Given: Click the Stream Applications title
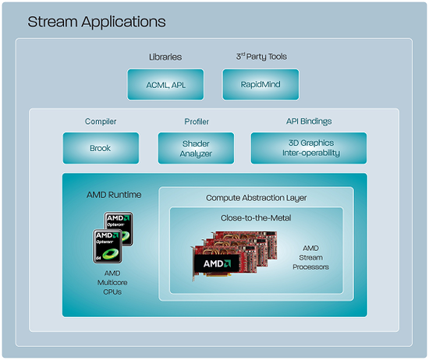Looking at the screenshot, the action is coord(97,22).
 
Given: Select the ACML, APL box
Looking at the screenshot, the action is coord(165,84).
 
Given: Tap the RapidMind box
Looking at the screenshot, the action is coord(261,84).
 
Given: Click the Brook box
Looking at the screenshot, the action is coord(101,148).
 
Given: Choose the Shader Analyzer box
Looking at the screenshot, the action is coord(196,148).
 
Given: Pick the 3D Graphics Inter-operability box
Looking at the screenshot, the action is coord(309,148).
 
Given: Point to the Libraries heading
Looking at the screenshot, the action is coord(165,57).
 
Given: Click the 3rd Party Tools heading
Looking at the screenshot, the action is coord(261,57).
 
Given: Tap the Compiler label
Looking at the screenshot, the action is coord(101,122).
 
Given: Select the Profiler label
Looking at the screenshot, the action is coord(197,122).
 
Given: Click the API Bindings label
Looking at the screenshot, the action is coord(309,122).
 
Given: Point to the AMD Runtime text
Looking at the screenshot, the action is coord(114,195).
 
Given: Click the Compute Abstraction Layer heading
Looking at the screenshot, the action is coord(257,198).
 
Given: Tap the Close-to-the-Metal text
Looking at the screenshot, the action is coord(256,218).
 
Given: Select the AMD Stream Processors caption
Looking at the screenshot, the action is coord(310,257).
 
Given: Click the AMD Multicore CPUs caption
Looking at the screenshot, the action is coord(112,283).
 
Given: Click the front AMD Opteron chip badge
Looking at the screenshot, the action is coord(108,246).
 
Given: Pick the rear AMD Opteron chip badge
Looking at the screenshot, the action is coord(119,228).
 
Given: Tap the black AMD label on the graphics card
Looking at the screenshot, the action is coord(217,263).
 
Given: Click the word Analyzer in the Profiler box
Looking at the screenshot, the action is coord(196,154).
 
